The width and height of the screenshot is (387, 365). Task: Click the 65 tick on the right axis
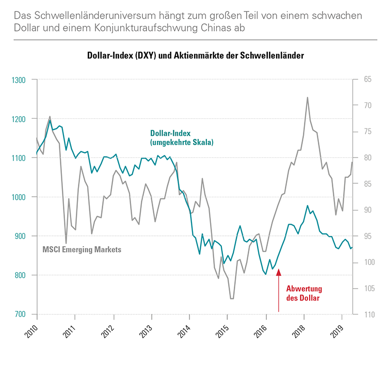(x=368, y=80)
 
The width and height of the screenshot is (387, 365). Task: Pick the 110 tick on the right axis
(x=367, y=314)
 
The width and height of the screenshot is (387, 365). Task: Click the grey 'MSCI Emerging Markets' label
(x=82, y=249)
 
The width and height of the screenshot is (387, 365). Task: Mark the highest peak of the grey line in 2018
(x=308, y=97)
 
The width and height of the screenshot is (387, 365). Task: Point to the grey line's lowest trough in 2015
(x=232, y=298)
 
